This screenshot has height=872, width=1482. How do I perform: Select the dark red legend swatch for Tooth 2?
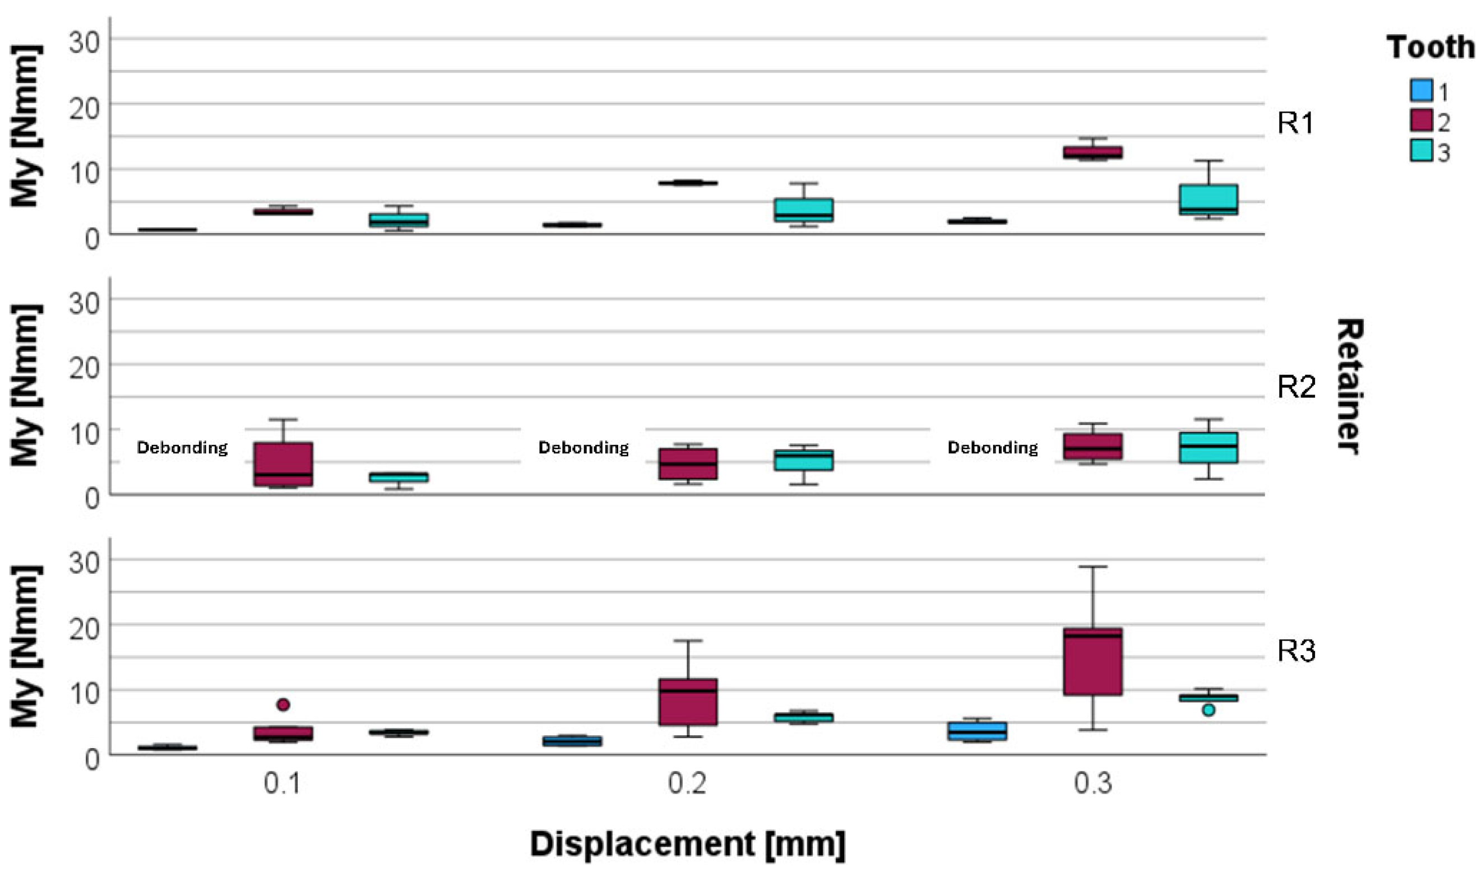[1420, 121]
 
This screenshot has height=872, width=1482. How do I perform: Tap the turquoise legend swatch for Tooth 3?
[1420, 151]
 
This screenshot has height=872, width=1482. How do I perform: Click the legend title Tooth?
[1430, 47]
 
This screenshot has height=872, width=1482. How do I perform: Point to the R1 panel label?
[1295, 123]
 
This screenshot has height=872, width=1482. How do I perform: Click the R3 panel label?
[1295, 651]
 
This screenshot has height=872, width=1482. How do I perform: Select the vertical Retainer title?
[1350, 386]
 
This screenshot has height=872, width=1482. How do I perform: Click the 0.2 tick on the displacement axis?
[686, 783]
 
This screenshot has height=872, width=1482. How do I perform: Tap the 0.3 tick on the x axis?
[1092, 783]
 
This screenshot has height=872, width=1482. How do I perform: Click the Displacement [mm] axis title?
[687, 845]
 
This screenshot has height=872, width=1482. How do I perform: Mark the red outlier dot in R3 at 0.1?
[283, 704]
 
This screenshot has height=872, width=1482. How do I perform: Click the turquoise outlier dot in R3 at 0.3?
[1208, 709]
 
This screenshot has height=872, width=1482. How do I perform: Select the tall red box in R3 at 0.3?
[1092, 661]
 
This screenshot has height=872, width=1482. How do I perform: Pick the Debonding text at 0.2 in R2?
[583, 448]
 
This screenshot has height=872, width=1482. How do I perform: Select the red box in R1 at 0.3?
[1092, 152]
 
